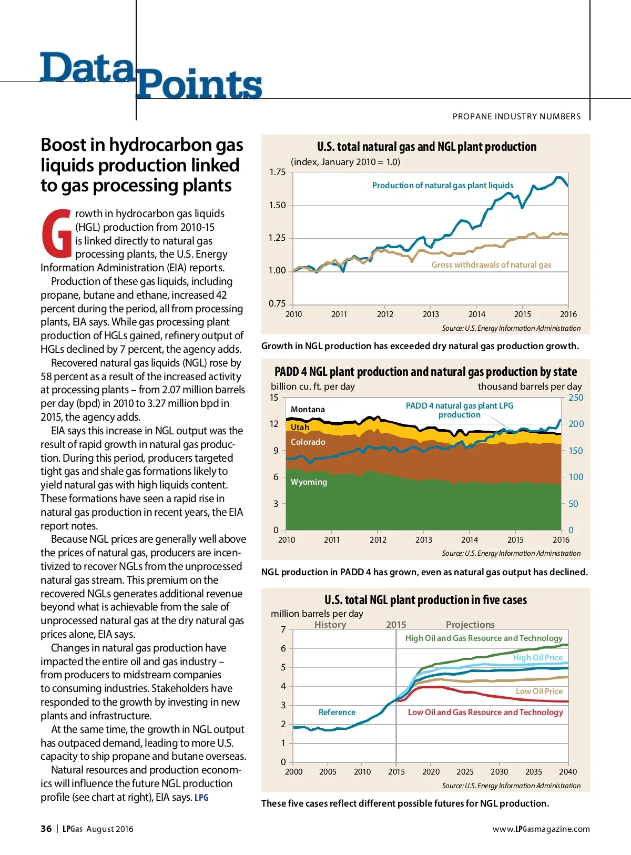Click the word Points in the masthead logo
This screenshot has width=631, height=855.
tap(199, 84)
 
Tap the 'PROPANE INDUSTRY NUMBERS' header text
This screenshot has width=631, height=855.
tap(516, 117)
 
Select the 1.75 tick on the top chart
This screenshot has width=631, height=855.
tap(277, 172)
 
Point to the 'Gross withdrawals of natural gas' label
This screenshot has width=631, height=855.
tap(491, 265)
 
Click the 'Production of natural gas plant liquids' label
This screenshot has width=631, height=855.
tap(443, 186)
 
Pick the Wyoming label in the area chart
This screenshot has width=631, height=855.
tap(309, 482)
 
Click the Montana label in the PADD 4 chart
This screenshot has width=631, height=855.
tap(308, 410)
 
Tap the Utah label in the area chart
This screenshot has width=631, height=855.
tap(300, 427)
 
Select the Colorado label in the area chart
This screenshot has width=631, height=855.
tap(308, 442)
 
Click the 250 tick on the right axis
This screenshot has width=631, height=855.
tap(576, 398)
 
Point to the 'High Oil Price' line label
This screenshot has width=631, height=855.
tap(537, 658)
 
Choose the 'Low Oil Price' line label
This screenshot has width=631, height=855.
tap(539, 691)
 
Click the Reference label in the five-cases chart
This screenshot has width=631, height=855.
tap(337, 712)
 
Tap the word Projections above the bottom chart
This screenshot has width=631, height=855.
tap(470, 625)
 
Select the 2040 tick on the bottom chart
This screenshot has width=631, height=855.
tap(568, 772)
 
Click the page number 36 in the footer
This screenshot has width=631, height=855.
tap(46, 829)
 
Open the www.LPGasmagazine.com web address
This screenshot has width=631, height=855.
tap(541, 829)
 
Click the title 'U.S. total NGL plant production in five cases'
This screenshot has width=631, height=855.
tap(425, 600)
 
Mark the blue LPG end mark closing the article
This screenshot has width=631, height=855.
tap(201, 798)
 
